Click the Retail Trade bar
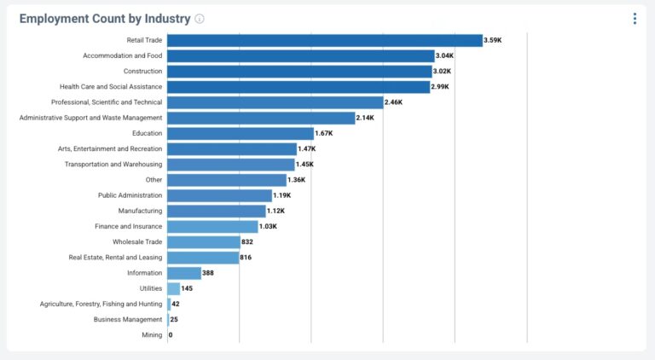coord(325,40)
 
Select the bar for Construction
coord(299,72)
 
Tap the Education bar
coord(241,133)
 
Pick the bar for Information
coord(184,273)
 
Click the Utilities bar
coord(174,288)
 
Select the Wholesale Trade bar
coord(204,242)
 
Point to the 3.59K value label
coord(493,40)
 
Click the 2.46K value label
coord(393,102)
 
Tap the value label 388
coord(209,273)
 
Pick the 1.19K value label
coord(281,195)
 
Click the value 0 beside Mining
coord(171,335)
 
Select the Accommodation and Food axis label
coord(122,55)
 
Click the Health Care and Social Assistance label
coord(111,87)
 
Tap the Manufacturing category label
coord(140,211)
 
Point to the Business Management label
coord(128,320)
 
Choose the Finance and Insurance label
coord(128,226)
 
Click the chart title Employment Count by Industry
coord(104,19)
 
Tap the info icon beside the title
coord(200,19)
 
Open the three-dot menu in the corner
coord(635,19)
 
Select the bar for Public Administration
coord(219,195)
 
